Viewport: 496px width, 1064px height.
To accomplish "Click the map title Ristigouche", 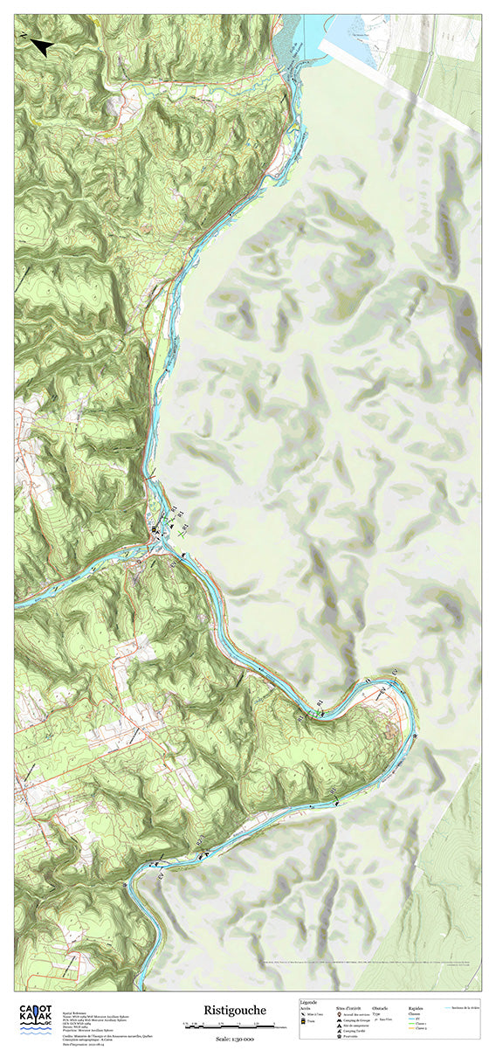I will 230,1009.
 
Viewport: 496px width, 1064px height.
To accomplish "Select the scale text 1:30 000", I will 235,1038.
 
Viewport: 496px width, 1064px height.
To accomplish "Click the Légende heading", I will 308,1002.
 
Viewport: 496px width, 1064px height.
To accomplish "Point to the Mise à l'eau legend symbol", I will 304,1014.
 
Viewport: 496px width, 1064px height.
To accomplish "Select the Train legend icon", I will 304,1021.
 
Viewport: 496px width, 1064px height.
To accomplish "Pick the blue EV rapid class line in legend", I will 410,1018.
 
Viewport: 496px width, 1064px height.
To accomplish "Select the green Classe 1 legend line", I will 410,1024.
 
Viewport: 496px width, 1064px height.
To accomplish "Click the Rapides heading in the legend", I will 416,1007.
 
